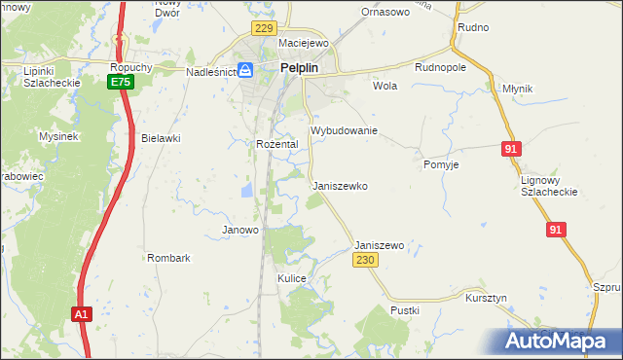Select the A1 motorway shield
(x=82, y=314)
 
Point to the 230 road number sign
(x=364, y=261)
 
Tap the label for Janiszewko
(x=341, y=185)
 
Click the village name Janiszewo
(x=380, y=246)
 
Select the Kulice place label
(x=292, y=278)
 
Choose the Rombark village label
(x=168, y=258)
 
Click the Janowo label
(x=240, y=231)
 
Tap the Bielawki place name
(x=162, y=138)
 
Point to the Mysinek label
(x=58, y=137)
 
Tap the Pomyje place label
(x=441, y=164)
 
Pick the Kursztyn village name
(x=487, y=297)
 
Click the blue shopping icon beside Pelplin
(x=246, y=70)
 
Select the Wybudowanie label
(x=344, y=129)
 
